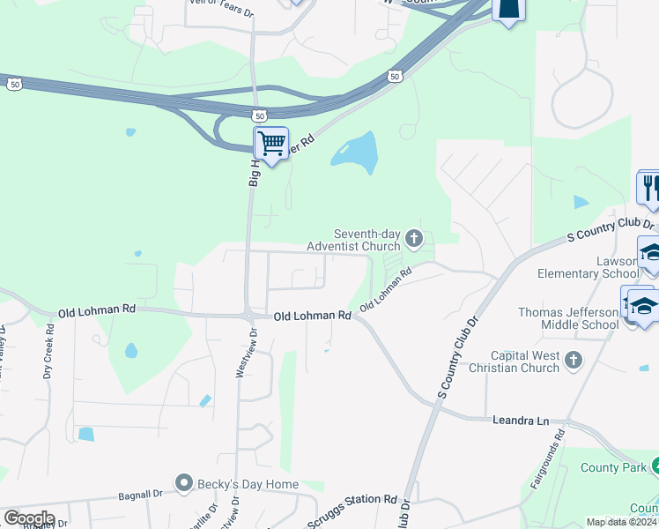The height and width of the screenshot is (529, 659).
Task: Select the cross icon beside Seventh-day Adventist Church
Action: (414, 238)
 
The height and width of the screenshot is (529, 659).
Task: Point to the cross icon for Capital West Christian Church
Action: (574, 360)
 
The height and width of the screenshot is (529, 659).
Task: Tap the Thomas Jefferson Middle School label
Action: (568, 318)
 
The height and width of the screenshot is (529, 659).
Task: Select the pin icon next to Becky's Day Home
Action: (184, 482)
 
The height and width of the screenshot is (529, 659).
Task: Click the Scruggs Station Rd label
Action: (352, 510)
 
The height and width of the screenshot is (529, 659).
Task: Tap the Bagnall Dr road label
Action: (140, 495)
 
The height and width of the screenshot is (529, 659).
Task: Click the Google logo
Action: (29, 518)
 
